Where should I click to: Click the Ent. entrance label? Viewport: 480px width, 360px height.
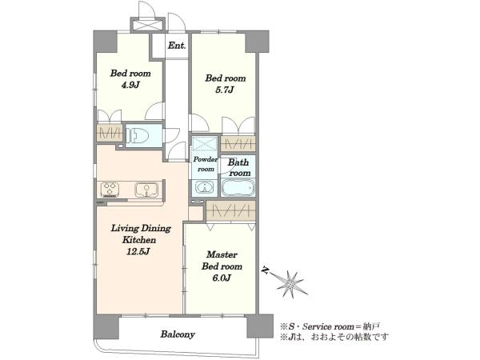177,46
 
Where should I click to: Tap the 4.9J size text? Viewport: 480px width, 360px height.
130,85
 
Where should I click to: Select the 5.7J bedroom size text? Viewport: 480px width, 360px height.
225,90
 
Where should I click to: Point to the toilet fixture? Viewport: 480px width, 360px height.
138,135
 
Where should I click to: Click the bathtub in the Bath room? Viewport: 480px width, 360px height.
238,187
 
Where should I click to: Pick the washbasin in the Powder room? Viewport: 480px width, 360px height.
204,187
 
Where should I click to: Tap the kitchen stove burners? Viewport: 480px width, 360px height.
110,189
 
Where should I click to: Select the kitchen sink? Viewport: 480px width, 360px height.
146,190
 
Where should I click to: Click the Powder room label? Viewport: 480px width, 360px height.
206,164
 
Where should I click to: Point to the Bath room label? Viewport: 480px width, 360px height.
239,168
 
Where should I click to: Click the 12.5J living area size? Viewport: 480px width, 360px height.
138,252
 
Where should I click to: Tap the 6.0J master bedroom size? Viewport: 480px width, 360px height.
221,278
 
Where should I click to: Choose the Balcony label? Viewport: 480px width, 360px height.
178,334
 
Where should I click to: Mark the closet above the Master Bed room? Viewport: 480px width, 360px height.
231,210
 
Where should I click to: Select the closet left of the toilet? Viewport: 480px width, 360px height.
110,133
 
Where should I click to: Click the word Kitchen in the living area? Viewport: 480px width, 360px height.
139,240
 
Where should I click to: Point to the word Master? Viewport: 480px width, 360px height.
222,254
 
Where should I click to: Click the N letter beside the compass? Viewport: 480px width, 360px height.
265,270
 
